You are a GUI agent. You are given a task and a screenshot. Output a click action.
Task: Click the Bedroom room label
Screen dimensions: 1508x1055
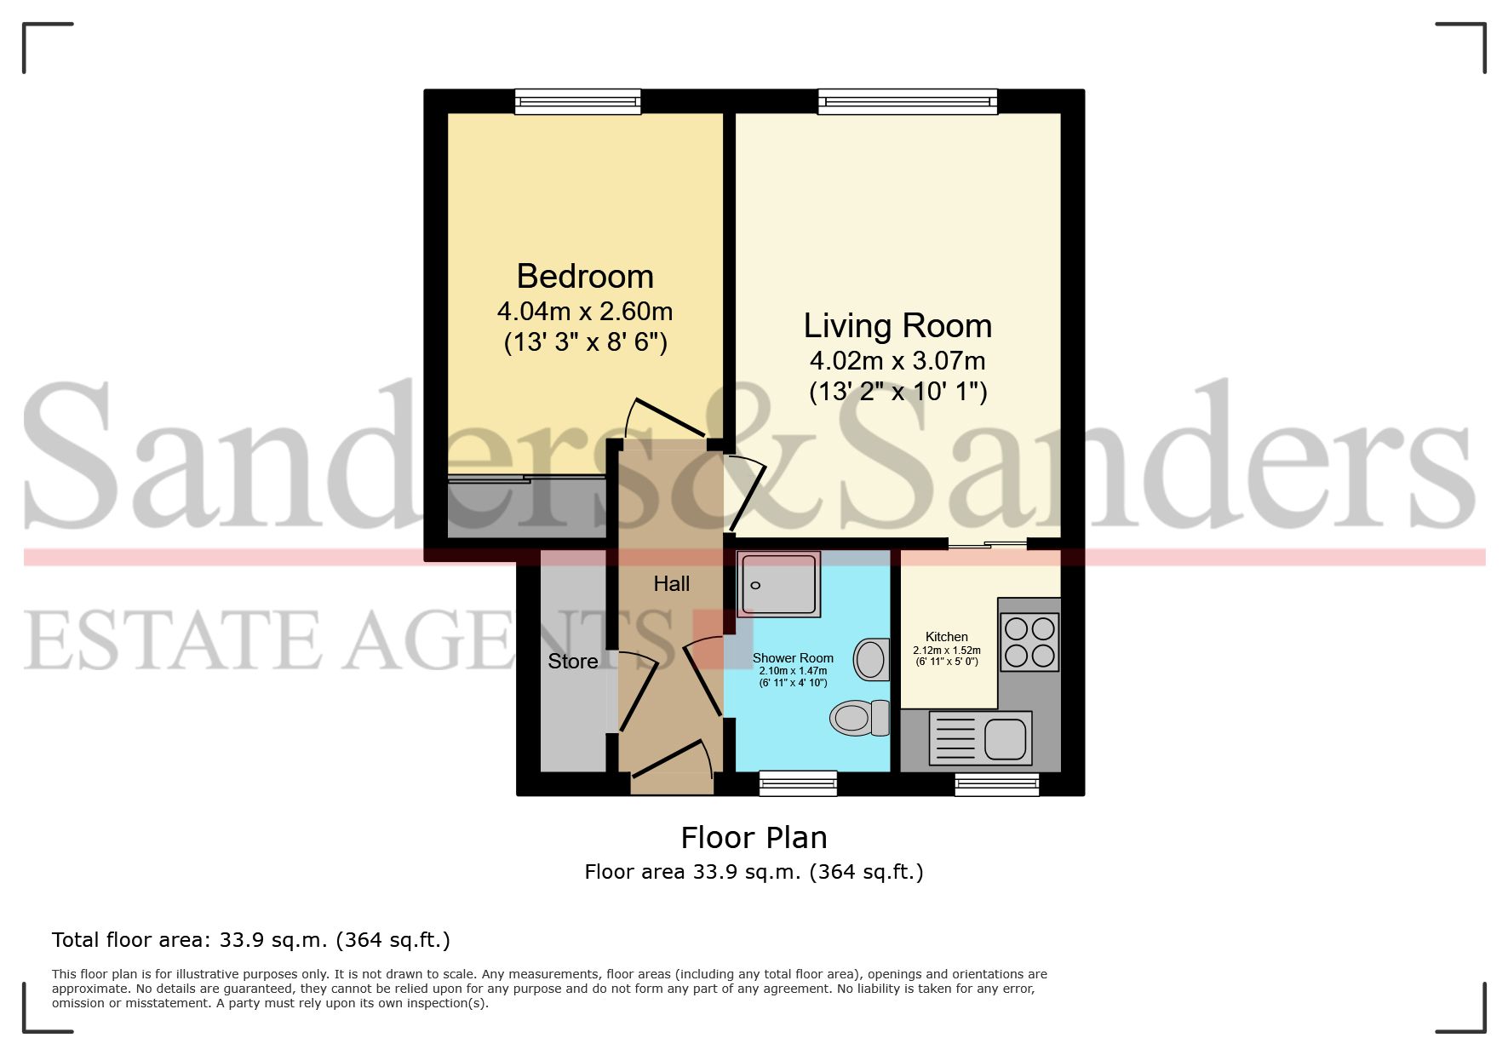[585, 277]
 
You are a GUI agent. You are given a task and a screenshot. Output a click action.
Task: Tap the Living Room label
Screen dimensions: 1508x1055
[897, 326]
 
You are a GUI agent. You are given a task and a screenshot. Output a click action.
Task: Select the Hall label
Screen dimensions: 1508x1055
[671, 584]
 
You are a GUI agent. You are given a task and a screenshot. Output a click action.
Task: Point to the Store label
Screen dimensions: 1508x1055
[572, 662]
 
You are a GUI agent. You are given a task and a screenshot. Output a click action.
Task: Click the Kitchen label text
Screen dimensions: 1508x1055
[947, 637]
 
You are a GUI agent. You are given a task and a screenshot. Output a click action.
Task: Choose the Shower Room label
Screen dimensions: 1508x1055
[793, 658]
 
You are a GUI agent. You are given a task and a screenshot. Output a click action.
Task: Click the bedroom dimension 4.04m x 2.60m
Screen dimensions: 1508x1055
[585, 311]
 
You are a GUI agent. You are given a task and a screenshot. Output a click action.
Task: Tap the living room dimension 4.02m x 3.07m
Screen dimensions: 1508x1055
[897, 360]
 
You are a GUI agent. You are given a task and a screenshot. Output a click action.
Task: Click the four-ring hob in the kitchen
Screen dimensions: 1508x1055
[1029, 642]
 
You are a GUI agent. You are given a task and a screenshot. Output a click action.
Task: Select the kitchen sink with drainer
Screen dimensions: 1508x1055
[980, 737]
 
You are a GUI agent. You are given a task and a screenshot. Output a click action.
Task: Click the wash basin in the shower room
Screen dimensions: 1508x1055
[872, 659]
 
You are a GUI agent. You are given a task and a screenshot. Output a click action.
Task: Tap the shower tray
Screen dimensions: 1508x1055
[779, 583]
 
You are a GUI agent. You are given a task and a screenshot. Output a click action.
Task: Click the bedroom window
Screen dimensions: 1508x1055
[577, 102]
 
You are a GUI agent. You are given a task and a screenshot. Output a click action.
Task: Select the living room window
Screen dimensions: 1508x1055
[908, 102]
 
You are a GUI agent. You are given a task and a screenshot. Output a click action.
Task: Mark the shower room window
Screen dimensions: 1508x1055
[798, 783]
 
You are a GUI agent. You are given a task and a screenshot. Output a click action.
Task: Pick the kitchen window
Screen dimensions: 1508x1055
[997, 783]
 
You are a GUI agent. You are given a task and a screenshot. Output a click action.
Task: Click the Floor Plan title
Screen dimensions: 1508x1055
[754, 838]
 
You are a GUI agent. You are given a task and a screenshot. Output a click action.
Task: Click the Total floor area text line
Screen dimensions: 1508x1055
[251, 940]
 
